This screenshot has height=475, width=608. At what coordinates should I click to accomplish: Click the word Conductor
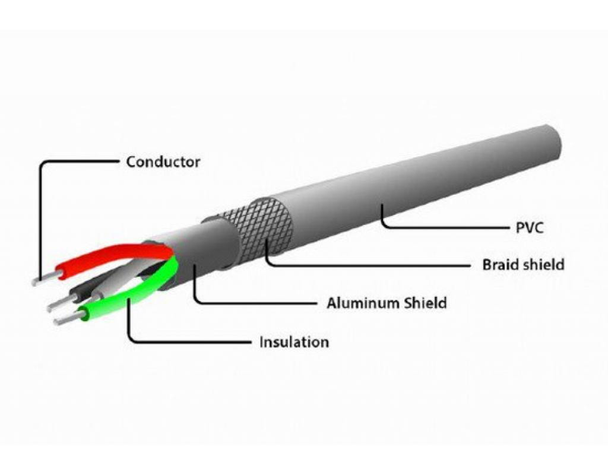(163, 161)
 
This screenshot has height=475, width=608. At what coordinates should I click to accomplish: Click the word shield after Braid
(543, 264)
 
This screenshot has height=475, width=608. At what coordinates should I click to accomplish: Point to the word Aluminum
(363, 303)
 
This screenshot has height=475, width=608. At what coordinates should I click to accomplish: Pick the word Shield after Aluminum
(425, 303)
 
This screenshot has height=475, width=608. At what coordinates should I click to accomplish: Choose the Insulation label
(294, 343)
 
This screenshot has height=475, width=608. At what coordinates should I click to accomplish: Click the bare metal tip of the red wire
(44, 279)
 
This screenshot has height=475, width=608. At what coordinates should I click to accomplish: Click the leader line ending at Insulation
(190, 343)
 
